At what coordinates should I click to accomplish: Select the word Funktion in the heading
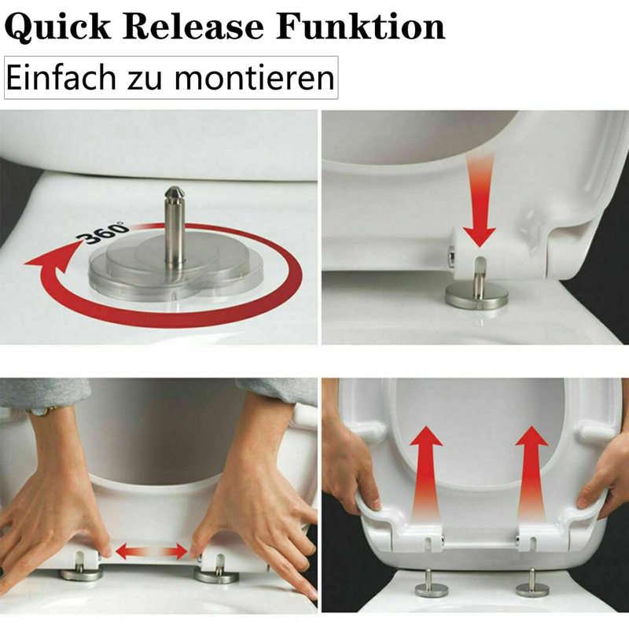tap(361, 27)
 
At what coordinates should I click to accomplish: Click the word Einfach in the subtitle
tap(61, 77)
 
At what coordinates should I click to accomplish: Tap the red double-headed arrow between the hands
tap(151, 551)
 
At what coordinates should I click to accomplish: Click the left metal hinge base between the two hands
tap(81, 575)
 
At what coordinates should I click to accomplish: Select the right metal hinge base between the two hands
tap(217, 576)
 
